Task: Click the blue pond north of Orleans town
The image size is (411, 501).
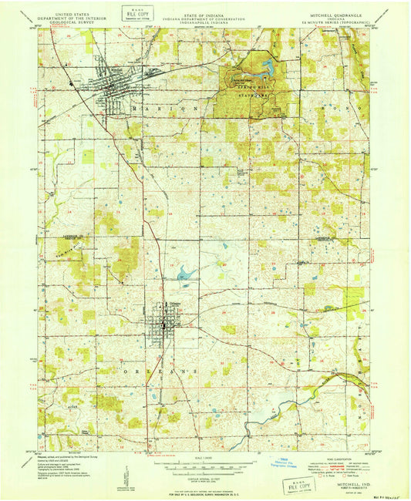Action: click(x=185, y=272)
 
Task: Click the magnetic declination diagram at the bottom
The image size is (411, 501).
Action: click(x=126, y=476)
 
